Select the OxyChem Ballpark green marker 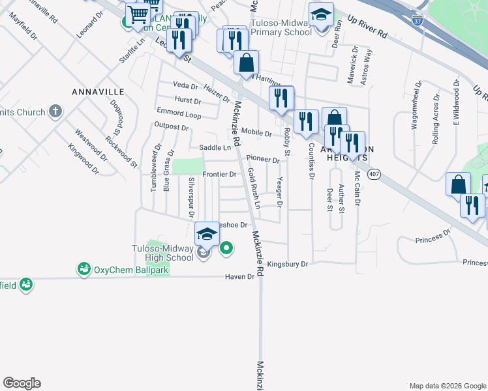84,269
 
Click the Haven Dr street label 241,276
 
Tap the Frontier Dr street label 219,174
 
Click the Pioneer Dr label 262,159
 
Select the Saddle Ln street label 215,148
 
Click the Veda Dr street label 185,85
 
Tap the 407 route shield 374,174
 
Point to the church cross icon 56,111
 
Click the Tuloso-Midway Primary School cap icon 320,14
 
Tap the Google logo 22,383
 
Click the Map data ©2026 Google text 447,386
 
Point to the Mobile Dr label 256,133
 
